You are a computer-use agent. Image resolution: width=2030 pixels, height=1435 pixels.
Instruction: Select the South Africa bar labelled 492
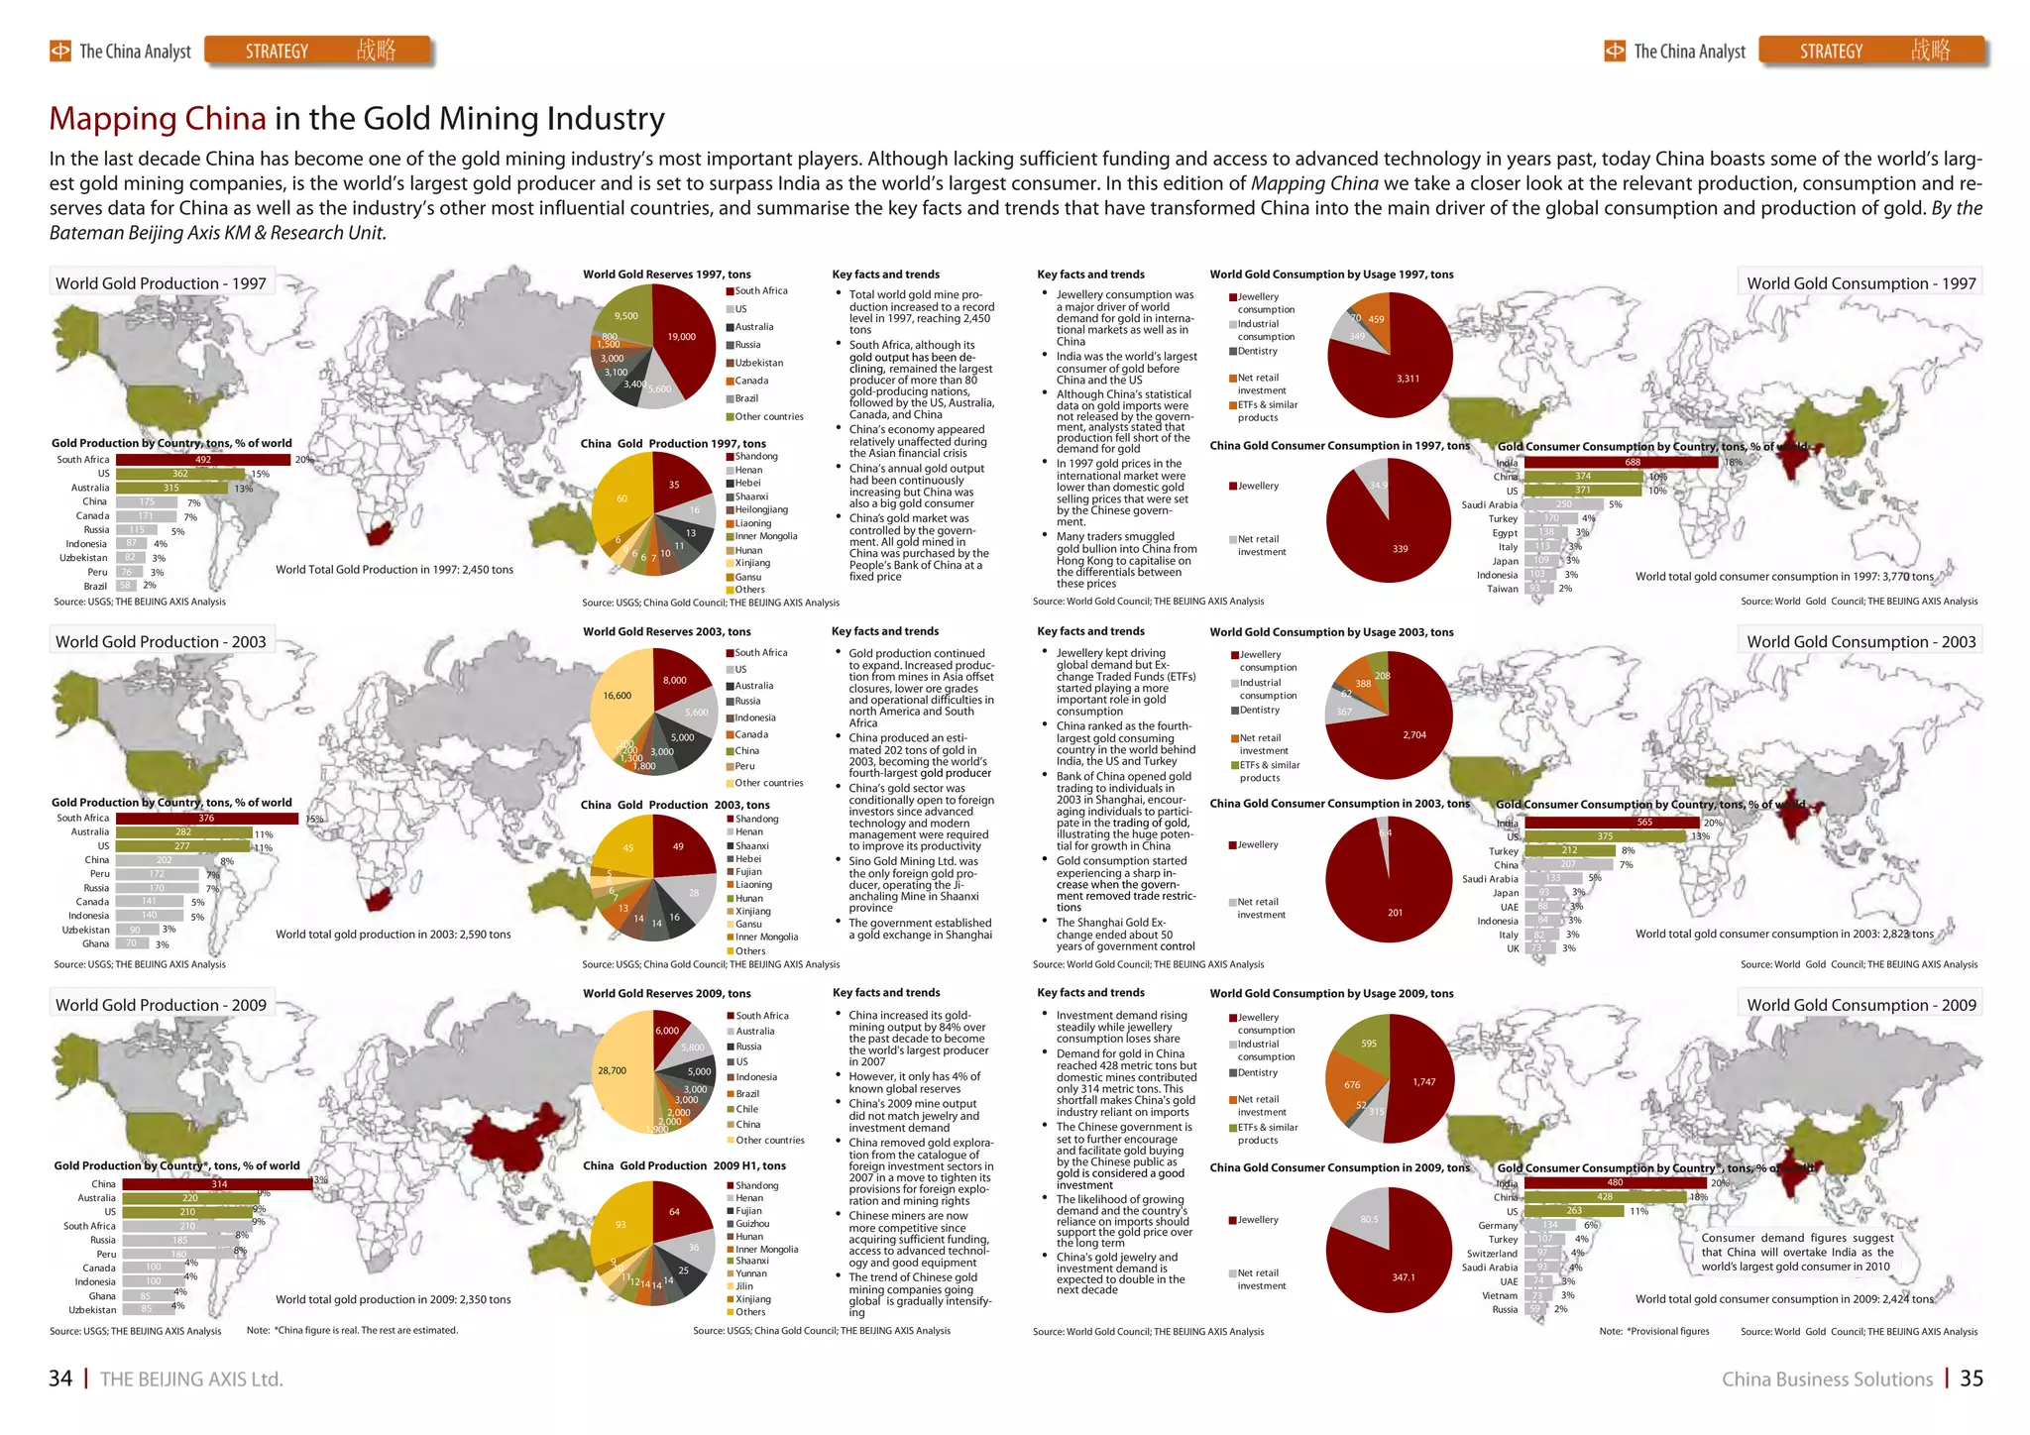pos(203,460)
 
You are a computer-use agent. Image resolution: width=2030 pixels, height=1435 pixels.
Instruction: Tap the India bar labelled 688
pos(1621,463)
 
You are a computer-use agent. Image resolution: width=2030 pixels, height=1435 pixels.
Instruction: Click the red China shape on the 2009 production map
pos(511,1136)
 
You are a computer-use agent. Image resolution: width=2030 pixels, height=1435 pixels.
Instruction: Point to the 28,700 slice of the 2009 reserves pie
pos(615,1071)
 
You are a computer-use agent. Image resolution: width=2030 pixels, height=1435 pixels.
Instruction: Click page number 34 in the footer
pos(60,1379)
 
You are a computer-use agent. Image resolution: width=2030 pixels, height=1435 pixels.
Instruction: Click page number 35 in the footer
pos(1972,1379)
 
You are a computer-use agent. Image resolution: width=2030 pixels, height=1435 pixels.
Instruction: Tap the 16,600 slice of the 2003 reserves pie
pos(619,699)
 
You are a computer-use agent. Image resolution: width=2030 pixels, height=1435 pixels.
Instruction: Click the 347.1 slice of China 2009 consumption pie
pos(1398,1273)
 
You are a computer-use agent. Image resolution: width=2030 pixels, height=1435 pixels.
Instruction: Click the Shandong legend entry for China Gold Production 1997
pos(755,457)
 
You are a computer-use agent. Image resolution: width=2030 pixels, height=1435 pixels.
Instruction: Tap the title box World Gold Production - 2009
pos(162,1004)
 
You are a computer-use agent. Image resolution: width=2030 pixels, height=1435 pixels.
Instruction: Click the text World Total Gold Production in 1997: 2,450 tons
pos(394,570)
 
